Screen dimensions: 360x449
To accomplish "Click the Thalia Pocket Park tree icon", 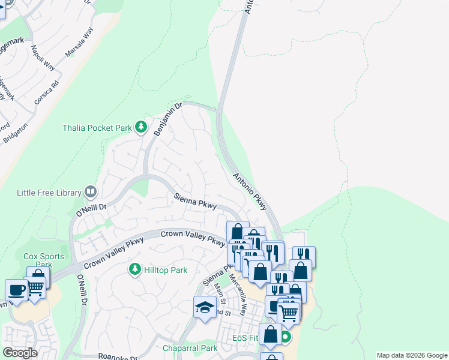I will (141, 127).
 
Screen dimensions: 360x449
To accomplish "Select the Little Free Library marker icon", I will (91, 192).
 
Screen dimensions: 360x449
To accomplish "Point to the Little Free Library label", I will (49, 193).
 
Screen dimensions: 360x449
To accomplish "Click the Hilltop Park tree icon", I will (135, 270).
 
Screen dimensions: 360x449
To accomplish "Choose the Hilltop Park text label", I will (166, 271).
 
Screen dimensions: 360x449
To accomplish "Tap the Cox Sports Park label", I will (43, 260).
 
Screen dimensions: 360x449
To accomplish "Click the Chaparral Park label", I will (190, 348).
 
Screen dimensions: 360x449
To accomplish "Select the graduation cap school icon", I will (205, 307).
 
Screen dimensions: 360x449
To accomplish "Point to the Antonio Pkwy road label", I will (250, 191).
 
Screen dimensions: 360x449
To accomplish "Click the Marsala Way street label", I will (80, 44).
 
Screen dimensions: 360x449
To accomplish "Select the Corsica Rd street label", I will (47, 92).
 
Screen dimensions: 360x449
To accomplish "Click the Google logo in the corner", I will (20, 353).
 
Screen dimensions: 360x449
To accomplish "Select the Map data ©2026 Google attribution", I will (411, 355).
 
